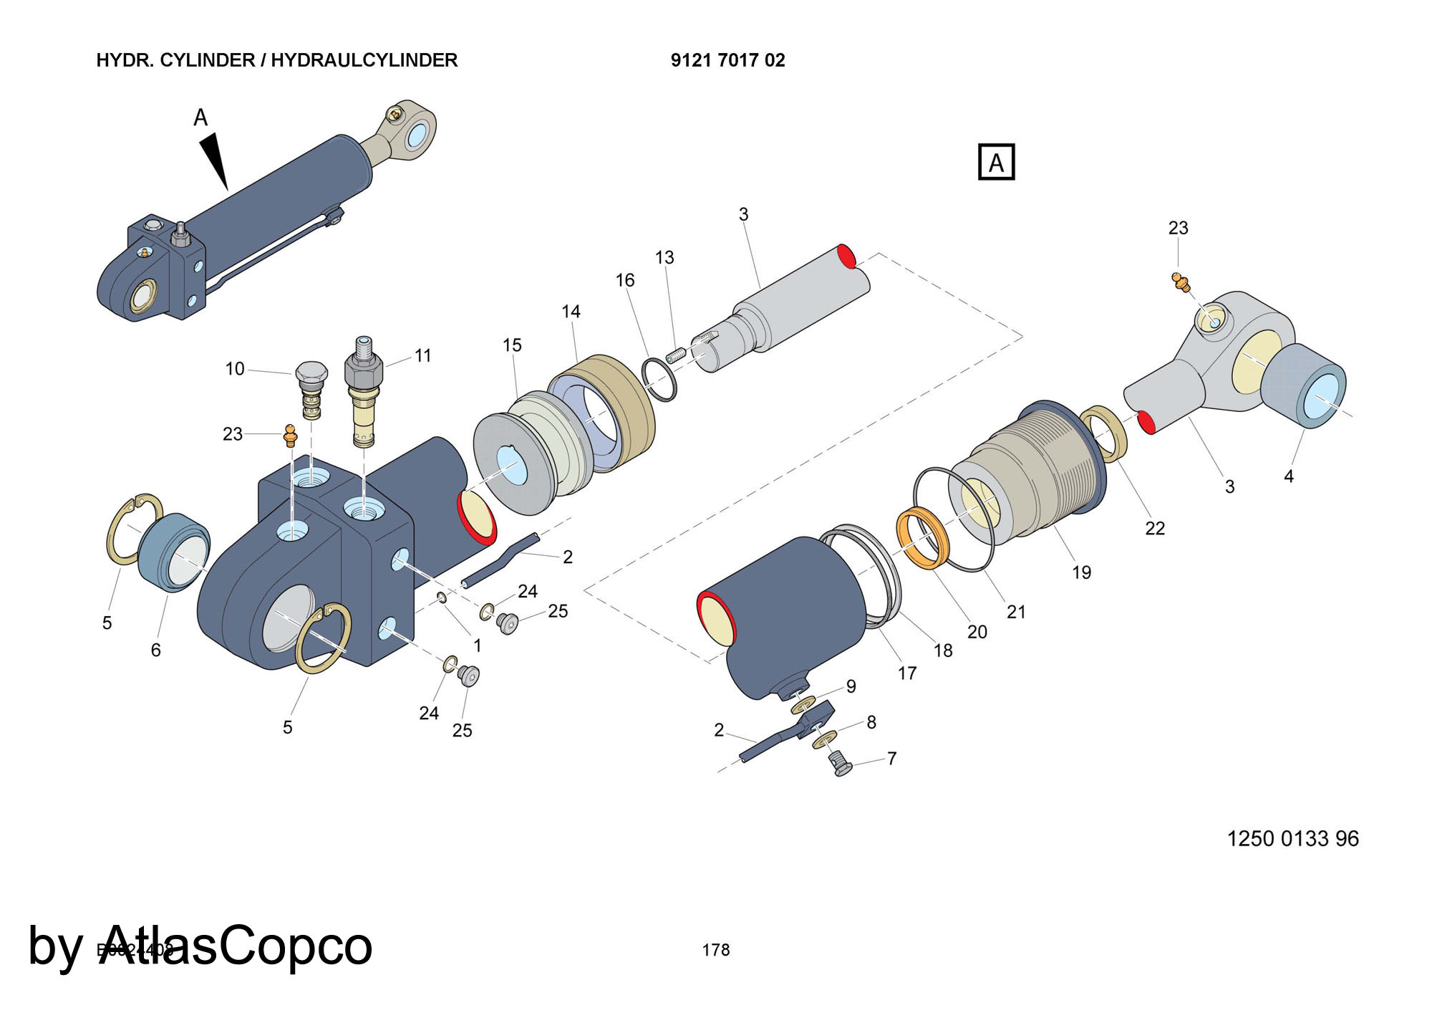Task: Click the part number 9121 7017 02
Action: click(727, 60)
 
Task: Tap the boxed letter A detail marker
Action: click(996, 163)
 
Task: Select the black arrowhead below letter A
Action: click(214, 162)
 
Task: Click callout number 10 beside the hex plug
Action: click(235, 369)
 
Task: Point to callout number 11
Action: click(423, 355)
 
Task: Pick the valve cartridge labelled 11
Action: click(364, 394)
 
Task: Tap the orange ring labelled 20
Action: click(922, 537)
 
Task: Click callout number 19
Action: click(1081, 572)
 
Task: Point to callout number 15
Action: click(512, 345)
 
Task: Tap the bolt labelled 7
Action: click(840, 764)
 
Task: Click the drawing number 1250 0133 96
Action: click(1292, 838)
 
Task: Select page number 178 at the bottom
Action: click(716, 950)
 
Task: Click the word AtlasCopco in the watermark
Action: click(236, 946)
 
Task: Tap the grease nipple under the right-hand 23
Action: click(1180, 282)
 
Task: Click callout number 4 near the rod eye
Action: click(1289, 476)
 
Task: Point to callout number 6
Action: click(156, 650)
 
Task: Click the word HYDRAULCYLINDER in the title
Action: click(364, 60)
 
